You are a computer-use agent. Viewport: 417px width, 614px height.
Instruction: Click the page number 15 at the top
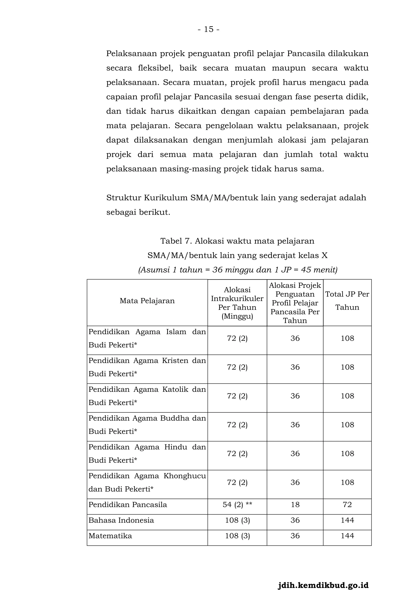point(208,29)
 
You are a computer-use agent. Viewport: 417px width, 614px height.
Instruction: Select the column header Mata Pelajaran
point(147,301)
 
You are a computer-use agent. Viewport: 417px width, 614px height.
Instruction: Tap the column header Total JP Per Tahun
point(347,301)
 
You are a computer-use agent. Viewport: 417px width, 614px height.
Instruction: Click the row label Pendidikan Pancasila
point(128,504)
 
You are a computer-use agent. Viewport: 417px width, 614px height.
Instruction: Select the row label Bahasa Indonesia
point(121,520)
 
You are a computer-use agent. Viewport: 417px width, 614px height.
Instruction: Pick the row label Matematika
point(110,536)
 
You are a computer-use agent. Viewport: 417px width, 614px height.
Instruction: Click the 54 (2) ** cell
point(237,505)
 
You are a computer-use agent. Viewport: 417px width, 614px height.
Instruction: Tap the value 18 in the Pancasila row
point(295,505)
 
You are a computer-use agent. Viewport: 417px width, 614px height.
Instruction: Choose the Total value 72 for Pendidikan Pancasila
point(347,505)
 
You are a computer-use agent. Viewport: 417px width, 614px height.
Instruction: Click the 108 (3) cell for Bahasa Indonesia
point(237,520)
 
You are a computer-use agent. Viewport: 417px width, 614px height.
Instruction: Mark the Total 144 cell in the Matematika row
point(347,536)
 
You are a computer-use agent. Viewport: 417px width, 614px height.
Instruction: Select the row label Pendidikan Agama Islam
point(147,338)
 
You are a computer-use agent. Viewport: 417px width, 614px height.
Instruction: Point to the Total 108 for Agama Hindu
point(347,454)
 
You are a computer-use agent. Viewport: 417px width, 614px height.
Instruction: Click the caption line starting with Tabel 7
point(237,241)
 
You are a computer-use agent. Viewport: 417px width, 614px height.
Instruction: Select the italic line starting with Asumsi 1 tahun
point(238,270)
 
